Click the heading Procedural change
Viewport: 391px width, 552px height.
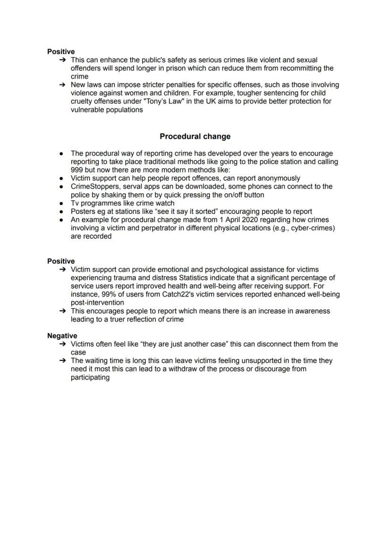pos(195,136)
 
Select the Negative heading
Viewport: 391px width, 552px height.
pos(61,336)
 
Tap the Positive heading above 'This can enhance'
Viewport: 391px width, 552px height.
pos(61,51)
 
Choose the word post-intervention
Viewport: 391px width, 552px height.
pos(97,303)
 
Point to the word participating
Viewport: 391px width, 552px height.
pos(90,377)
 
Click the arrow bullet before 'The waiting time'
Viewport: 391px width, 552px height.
pos(62,361)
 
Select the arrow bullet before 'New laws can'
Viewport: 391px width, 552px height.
pos(62,85)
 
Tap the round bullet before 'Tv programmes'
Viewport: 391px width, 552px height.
pos(62,203)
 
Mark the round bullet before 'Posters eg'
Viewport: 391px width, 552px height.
pos(62,212)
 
